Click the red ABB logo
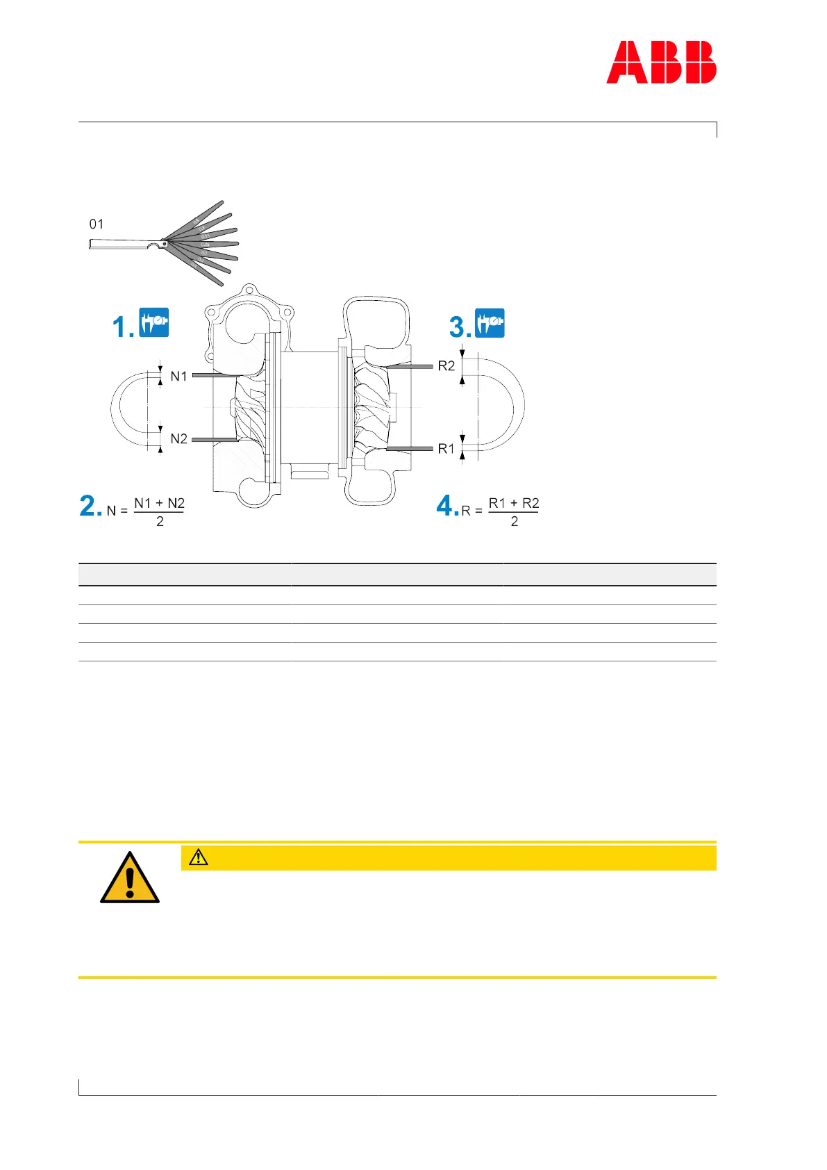pyautogui.click(x=661, y=63)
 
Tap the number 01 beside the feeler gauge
pyautogui.click(x=97, y=224)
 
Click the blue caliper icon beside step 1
pyautogui.click(x=153, y=322)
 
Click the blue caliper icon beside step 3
pyautogui.click(x=490, y=323)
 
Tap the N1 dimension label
pyautogui.click(x=179, y=376)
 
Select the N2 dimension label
pyautogui.click(x=179, y=439)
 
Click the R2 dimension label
pyautogui.click(x=446, y=366)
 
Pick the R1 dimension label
pyautogui.click(x=446, y=449)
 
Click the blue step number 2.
pyautogui.click(x=90, y=506)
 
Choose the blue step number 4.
pyautogui.click(x=446, y=506)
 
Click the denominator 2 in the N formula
pyautogui.click(x=160, y=522)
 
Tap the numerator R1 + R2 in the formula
pyautogui.click(x=514, y=503)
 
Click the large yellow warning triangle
pyautogui.click(x=130, y=879)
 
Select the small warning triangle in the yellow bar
pyautogui.click(x=198, y=857)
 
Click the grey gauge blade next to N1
pyautogui.click(x=215, y=375)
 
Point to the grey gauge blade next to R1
pyautogui.click(x=410, y=450)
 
